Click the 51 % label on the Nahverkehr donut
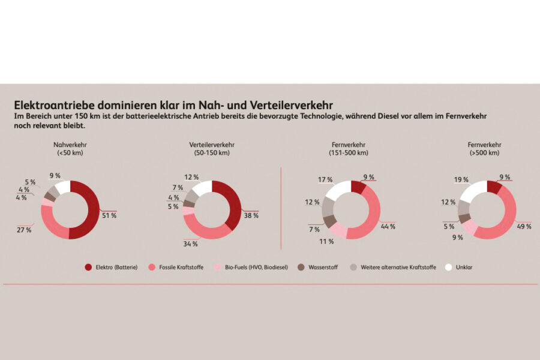(x=109, y=215)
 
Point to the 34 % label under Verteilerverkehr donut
(x=190, y=244)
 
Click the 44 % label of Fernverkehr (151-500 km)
(x=388, y=226)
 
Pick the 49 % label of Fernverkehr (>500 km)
(x=524, y=226)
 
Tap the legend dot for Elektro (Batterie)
(x=88, y=267)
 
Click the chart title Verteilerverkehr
(x=212, y=145)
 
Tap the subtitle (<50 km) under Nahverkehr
(x=70, y=153)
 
